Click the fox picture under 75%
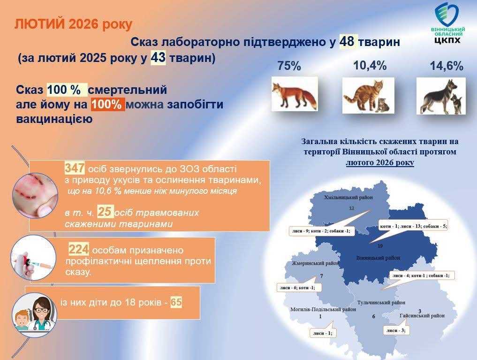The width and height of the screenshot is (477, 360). coord(295,94)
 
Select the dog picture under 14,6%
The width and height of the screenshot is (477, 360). coord(441,96)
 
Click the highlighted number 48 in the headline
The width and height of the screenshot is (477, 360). coord(348,42)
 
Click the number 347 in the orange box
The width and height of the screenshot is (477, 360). coord(74,168)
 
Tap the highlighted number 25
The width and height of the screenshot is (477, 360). coord(106,212)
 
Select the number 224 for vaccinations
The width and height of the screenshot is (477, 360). coord(78,249)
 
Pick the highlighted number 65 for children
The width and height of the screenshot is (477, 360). coord(176,302)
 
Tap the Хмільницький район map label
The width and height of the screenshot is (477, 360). coord(348,198)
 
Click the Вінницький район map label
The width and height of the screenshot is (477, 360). coord(378,258)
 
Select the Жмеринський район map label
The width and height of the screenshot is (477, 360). coord(315,264)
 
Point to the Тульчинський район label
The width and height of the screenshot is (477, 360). coord(381,303)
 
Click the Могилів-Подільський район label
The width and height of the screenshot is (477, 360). coord(320,309)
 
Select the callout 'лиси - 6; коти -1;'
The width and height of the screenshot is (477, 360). coord(296,287)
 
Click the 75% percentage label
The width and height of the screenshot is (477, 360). coord(289,66)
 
